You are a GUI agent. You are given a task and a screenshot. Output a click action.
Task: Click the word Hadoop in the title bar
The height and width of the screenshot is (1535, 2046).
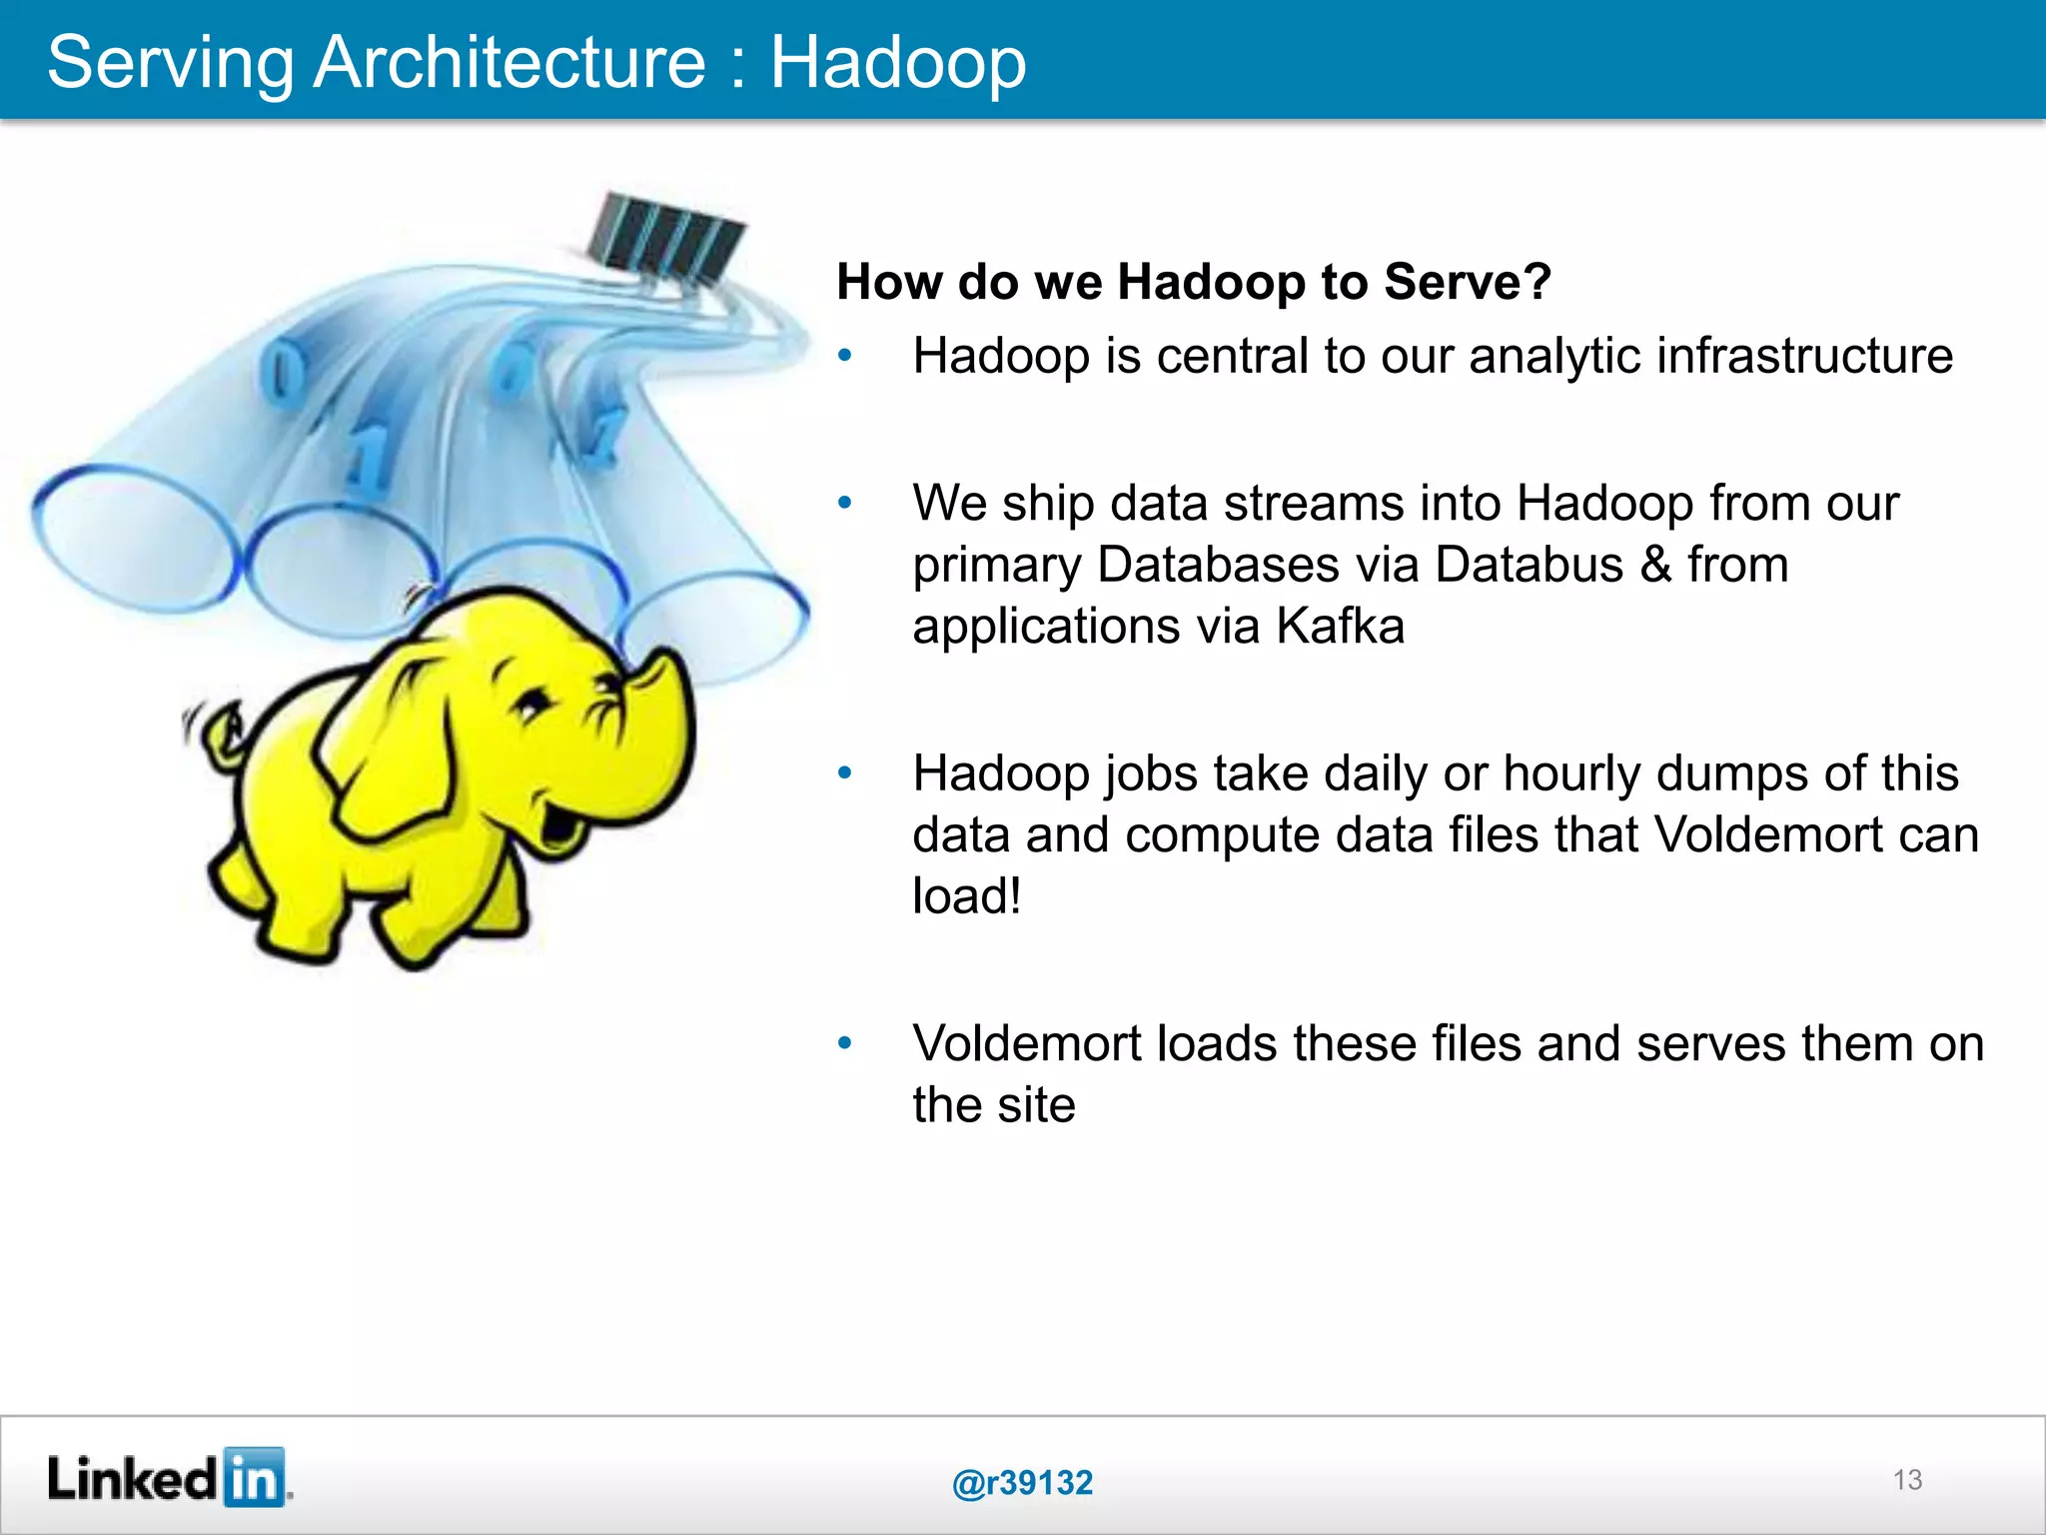[x=897, y=62]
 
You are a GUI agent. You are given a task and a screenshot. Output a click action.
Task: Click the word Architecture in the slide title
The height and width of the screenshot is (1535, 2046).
[x=510, y=62]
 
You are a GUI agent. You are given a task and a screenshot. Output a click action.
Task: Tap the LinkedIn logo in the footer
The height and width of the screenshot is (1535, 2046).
[x=168, y=1477]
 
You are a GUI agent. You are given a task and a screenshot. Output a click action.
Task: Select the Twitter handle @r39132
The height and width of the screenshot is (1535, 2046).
[x=1022, y=1482]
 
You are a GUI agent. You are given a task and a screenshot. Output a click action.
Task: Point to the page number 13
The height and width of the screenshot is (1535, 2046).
[x=1907, y=1479]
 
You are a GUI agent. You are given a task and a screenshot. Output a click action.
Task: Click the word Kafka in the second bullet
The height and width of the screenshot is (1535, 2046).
[x=1340, y=627]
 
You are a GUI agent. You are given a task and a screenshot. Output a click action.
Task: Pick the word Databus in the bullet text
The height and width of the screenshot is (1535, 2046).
[x=1529, y=565]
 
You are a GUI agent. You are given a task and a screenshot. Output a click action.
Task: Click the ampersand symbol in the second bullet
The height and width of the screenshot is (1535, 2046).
[x=1655, y=565]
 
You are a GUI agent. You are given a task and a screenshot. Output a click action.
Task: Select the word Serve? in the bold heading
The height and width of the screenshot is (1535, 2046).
[x=1467, y=282]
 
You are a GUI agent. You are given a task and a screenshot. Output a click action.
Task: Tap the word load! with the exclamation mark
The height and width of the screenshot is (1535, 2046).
[x=966, y=895]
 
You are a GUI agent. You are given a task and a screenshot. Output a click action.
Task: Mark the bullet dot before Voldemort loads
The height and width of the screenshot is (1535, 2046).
[x=845, y=1043]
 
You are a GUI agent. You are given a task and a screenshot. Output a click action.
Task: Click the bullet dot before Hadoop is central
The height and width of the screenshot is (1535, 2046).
[x=845, y=356]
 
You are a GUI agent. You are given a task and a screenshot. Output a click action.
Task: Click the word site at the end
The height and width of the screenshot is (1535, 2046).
[x=1035, y=1105]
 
